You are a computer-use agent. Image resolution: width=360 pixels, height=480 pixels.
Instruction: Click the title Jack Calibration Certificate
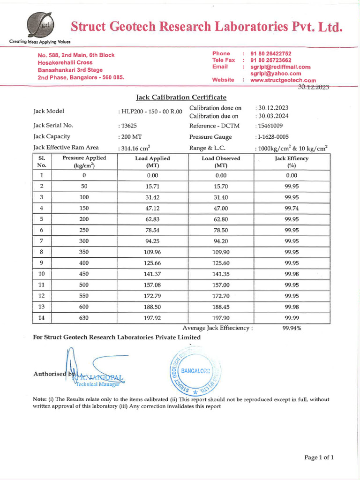click(x=181, y=97)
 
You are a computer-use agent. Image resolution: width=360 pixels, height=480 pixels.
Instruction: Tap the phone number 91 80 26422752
click(x=271, y=53)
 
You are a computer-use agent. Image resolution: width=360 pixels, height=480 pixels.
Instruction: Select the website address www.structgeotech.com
click(x=283, y=80)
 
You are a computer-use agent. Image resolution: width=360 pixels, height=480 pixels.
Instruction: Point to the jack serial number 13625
click(x=131, y=126)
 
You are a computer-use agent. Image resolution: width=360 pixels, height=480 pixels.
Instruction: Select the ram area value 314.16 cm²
click(x=136, y=148)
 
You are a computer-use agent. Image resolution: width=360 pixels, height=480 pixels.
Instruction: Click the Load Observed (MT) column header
click(x=221, y=162)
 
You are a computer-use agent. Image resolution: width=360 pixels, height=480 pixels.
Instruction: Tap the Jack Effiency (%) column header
click(x=292, y=162)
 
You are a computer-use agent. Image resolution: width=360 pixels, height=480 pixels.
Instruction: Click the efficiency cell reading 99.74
click(x=292, y=208)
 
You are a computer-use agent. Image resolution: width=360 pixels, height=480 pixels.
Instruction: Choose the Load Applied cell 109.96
click(x=152, y=252)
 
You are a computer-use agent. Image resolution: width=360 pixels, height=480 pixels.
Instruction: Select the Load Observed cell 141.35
click(x=221, y=274)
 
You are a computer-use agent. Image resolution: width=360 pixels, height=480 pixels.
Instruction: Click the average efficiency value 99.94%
click(x=292, y=328)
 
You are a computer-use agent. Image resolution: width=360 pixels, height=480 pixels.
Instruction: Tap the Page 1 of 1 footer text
click(x=319, y=457)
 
